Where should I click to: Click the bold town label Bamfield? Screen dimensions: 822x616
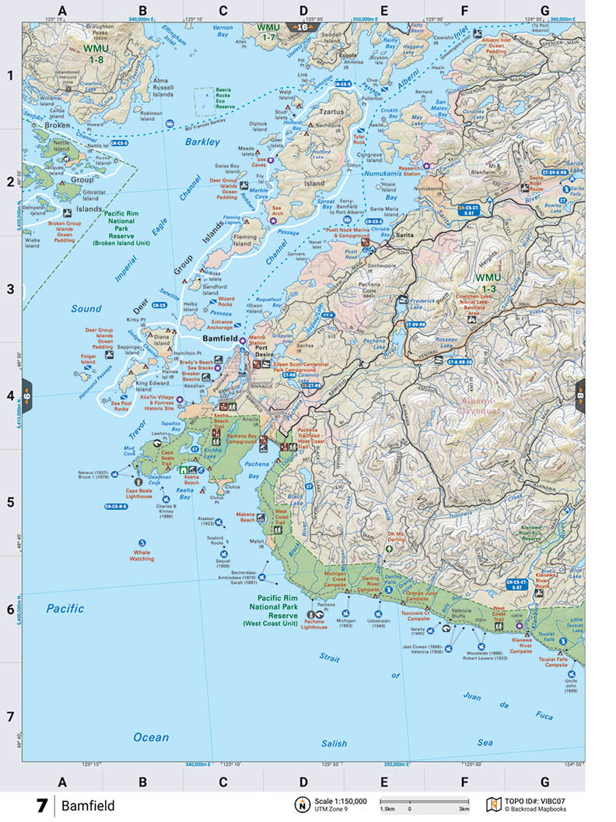click(220, 340)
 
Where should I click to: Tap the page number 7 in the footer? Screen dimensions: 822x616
click(41, 805)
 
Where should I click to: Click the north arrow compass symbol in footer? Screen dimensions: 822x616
click(299, 804)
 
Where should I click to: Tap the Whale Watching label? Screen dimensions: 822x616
click(142, 555)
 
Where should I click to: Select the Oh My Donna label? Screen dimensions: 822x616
click(397, 536)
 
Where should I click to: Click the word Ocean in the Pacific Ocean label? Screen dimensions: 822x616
click(150, 737)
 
